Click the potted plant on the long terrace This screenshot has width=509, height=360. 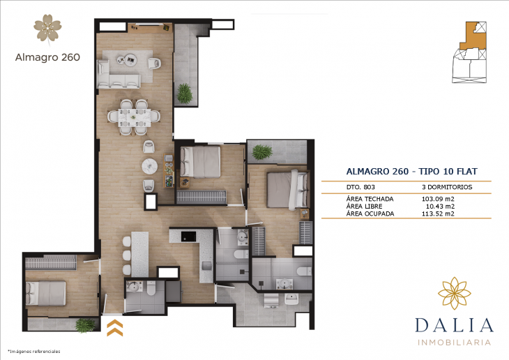(185, 93)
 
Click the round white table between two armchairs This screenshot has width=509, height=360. (149, 166)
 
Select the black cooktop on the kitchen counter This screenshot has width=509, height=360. (188, 236)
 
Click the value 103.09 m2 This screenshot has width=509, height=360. (438, 198)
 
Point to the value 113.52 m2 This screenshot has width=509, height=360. (438, 213)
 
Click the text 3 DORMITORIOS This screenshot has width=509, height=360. (447, 187)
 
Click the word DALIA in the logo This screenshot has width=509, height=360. (455, 326)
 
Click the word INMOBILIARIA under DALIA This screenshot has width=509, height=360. (455, 343)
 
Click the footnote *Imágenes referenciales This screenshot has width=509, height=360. (33, 351)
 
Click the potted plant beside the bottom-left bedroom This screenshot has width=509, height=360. (85, 324)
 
